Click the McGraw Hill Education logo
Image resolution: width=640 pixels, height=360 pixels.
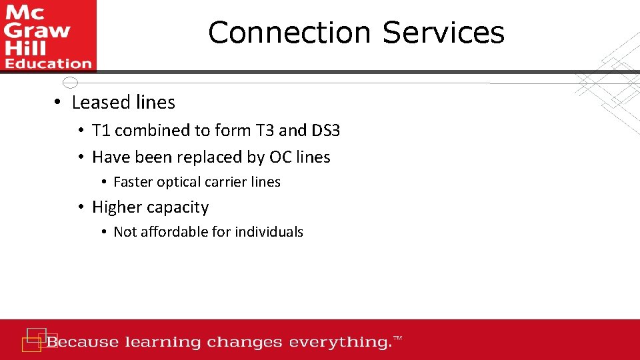pyautogui.click(x=48, y=35)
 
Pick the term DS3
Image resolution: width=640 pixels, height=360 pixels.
pyautogui.click(x=325, y=131)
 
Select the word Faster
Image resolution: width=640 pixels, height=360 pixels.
pyautogui.click(x=133, y=182)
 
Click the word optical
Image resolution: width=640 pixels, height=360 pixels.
pyautogui.click(x=179, y=182)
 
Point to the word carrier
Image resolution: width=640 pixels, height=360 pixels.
pyautogui.click(x=225, y=182)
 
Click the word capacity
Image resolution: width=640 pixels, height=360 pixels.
pyautogui.click(x=177, y=208)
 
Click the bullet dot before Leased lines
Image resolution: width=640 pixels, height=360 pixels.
pyautogui.click(x=59, y=103)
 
